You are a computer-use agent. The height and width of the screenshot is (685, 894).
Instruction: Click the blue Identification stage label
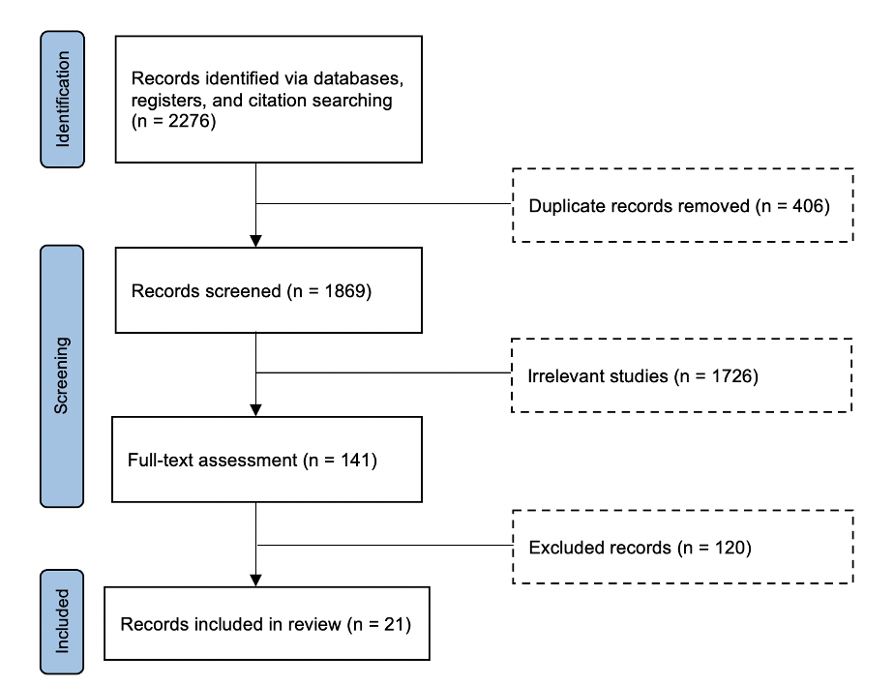coord(62,100)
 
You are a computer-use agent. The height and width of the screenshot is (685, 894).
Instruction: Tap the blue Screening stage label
coord(62,375)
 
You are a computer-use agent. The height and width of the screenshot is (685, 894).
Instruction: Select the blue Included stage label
coord(62,622)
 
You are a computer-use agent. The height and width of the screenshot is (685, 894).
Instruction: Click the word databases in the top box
coord(358,78)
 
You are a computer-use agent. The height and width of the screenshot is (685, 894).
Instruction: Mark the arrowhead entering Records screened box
coord(256,241)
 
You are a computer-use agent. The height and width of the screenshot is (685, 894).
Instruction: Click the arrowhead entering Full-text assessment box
coord(256,410)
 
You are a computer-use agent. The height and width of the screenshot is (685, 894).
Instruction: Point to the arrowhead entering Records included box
coord(256,581)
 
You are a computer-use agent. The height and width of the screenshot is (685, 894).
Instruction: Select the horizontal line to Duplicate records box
coord(384,203)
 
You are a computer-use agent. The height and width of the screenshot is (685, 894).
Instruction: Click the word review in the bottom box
coord(314,624)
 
